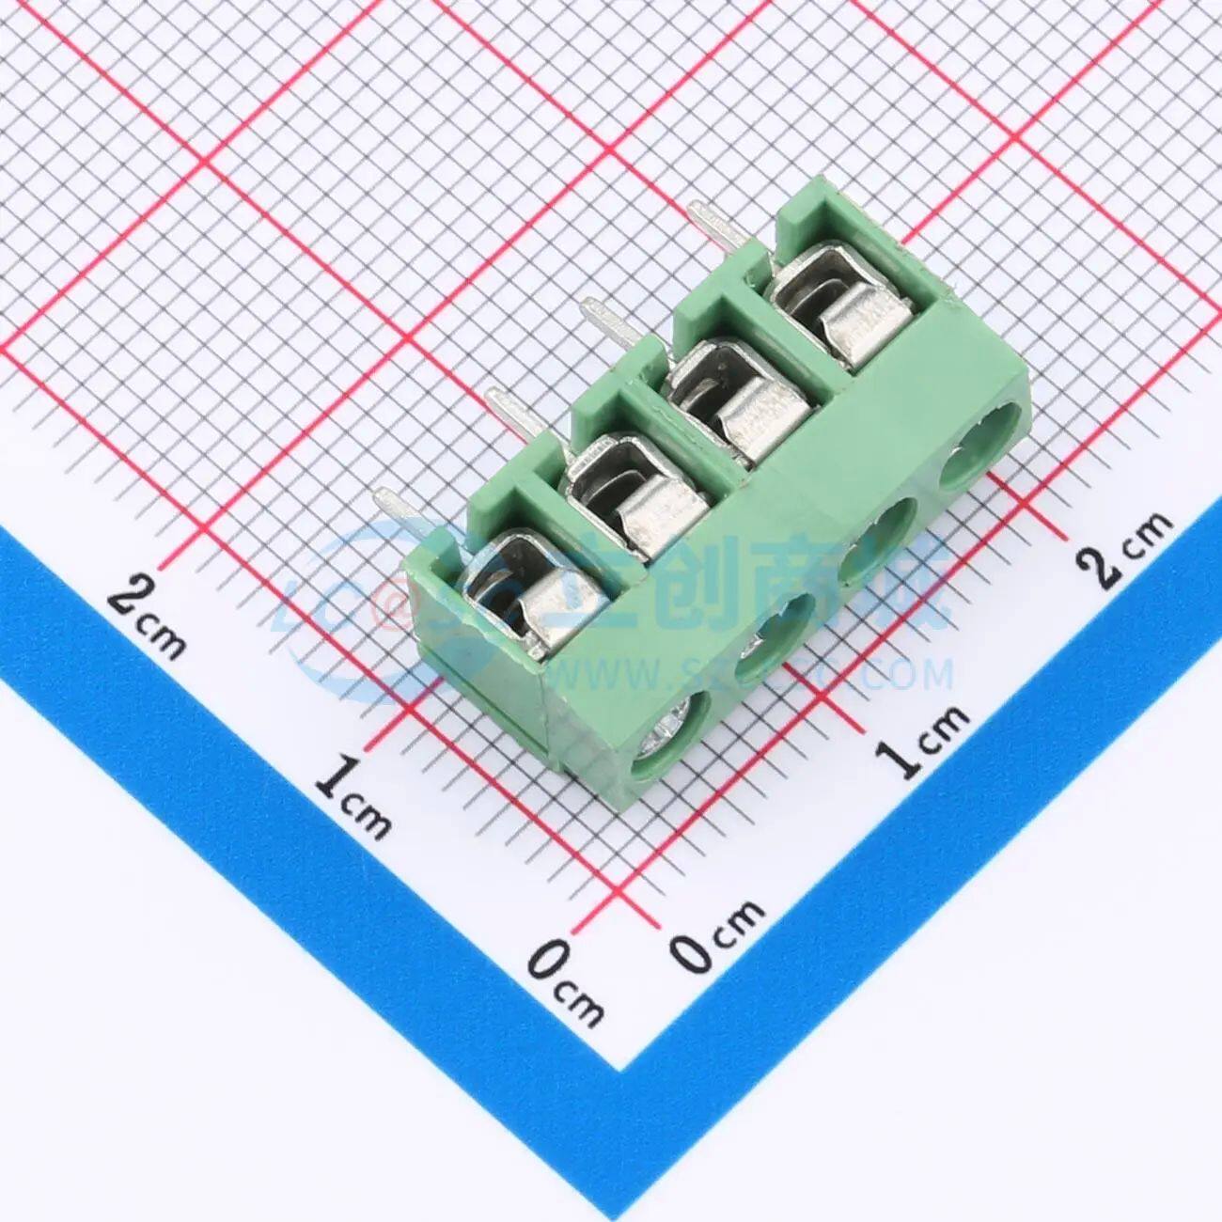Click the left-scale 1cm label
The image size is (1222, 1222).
[352, 794]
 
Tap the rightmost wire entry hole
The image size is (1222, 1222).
[983, 442]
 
